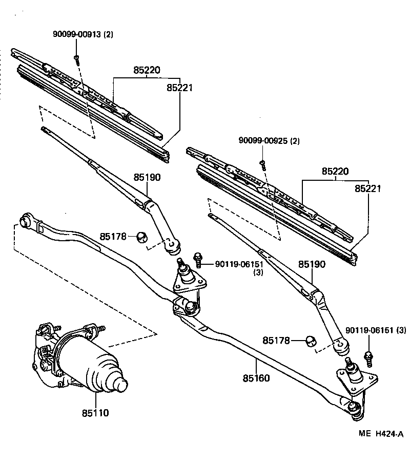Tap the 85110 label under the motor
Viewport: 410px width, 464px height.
pos(95,412)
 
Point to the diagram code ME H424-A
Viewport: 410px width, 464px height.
pos(381,434)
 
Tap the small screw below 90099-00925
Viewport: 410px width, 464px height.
pos(262,164)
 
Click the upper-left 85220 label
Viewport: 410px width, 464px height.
pos(148,70)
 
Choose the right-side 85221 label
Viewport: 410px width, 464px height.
pos(367,188)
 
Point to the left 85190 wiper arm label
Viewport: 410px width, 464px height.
pos(148,178)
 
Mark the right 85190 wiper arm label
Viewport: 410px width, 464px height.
pos(312,265)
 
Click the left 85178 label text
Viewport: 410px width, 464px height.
pos(112,236)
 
